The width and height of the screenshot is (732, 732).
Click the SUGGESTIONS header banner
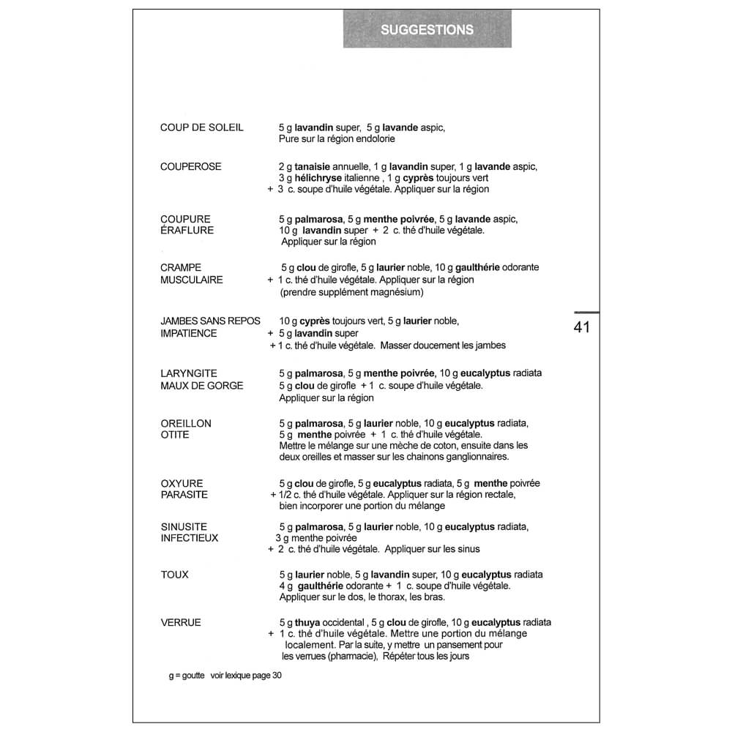427,30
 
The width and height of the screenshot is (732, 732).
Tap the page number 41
582,327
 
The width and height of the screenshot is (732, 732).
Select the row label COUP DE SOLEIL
202,127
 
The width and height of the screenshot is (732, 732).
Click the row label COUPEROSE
190,166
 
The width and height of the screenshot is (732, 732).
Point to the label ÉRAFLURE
187,231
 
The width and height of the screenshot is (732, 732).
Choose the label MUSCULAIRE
192,280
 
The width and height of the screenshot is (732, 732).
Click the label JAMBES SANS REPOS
210,321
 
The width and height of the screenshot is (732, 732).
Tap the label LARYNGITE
189,373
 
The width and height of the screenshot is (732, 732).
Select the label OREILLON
186,423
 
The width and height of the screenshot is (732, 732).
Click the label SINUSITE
184,526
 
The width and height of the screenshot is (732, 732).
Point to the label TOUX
174,575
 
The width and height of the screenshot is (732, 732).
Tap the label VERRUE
181,622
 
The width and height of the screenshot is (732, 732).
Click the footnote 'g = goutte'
186,676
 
